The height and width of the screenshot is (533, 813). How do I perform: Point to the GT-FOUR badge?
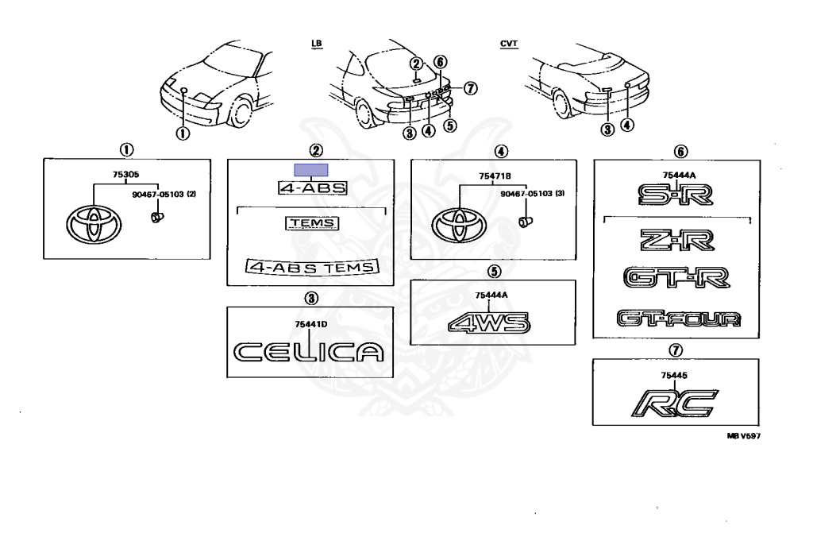(x=679, y=319)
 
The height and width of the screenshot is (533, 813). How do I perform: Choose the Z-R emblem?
(x=680, y=238)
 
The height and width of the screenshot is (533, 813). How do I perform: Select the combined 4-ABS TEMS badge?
(x=312, y=267)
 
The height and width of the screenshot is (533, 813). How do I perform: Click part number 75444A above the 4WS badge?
(x=489, y=295)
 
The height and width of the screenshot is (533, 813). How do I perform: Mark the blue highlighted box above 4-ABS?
(x=311, y=169)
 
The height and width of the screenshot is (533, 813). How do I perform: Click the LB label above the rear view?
(x=317, y=44)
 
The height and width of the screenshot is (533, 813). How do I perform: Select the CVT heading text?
(x=507, y=44)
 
